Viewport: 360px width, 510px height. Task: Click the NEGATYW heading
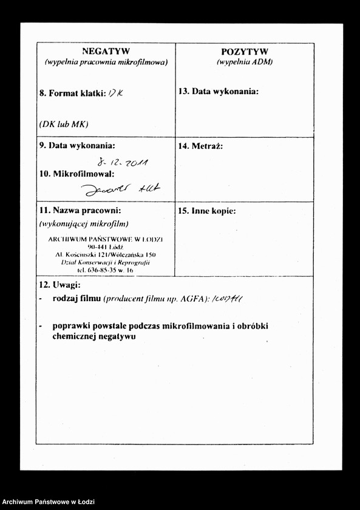coord(106,52)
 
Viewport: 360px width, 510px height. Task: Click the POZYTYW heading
coord(245,52)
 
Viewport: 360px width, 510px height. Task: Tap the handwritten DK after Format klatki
coord(115,93)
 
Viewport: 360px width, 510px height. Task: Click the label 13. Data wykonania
coord(219,91)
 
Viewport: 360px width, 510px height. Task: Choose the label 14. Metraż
coord(201,146)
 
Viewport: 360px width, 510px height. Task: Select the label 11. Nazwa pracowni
coord(80,211)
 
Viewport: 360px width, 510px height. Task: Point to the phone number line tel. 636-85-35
coord(105,269)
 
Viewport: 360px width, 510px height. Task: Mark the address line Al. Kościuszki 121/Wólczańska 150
coord(105,254)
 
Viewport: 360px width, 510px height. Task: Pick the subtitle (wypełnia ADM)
coord(245,62)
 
